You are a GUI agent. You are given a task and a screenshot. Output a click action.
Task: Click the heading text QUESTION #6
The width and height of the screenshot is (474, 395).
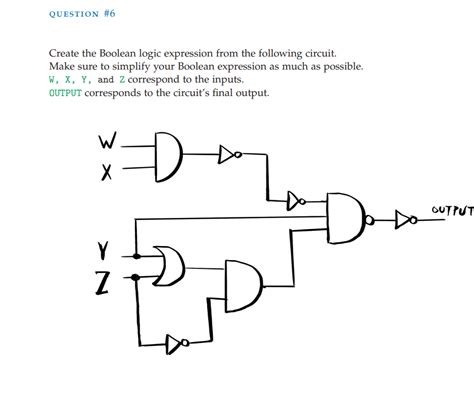pyautogui.click(x=83, y=14)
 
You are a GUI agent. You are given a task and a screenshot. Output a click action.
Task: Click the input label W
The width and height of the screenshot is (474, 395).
pyautogui.click(x=107, y=142)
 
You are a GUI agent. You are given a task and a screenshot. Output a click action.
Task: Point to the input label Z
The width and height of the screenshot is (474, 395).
pyautogui.click(x=103, y=283)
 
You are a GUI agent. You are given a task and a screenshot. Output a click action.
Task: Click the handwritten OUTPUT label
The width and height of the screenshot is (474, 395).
pyautogui.click(x=451, y=210)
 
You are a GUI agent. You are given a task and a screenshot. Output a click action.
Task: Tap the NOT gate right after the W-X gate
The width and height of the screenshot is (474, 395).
pyautogui.click(x=228, y=154)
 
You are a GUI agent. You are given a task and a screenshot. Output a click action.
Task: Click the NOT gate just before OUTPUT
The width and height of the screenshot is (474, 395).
pyautogui.click(x=404, y=219)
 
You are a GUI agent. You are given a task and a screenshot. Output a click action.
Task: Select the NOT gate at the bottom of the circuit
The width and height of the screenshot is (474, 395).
pyautogui.click(x=176, y=343)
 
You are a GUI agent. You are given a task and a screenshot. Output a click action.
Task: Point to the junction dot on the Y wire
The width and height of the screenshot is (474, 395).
pyautogui.click(x=136, y=255)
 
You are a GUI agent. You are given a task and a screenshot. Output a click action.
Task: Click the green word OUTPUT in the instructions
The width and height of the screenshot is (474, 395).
pyautogui.click(x=67, y=93)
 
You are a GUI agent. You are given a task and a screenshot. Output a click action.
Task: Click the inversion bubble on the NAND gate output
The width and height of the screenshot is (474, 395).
pyautogui.click(x=371, y=218)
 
